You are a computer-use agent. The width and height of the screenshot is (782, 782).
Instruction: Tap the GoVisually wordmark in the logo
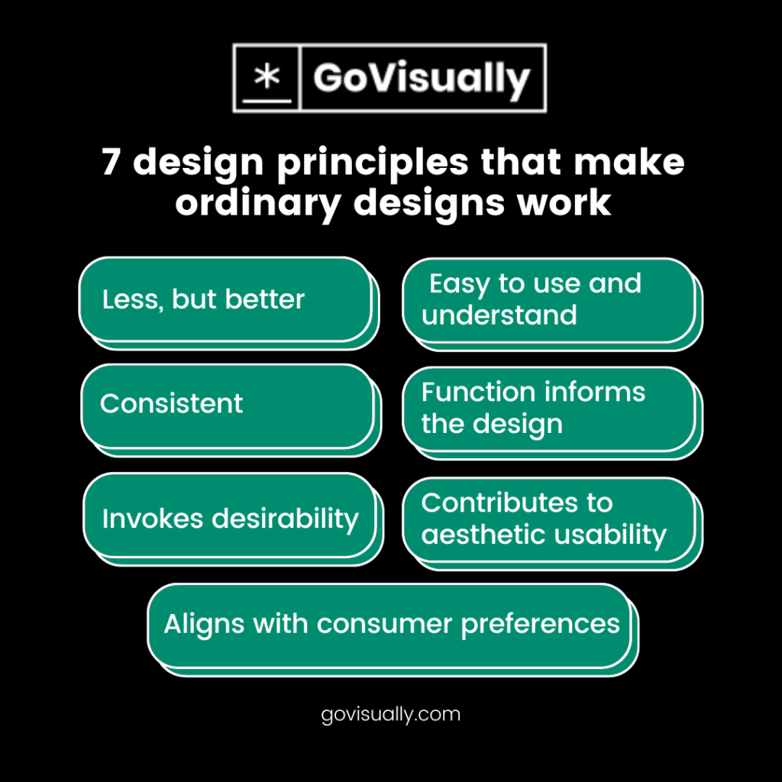click(x=421, y=79)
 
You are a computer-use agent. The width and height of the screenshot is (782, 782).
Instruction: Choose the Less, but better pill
click(x=225, y=299)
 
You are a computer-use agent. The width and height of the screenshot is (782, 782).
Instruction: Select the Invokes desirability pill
click(x=229, y=519)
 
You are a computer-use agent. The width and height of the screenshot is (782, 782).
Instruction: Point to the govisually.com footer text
click(x=391, y=715)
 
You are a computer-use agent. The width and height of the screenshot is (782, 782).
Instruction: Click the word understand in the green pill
click(x=499, y=315)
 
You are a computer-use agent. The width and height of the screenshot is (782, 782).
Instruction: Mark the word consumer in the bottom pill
click(x=384, y=624)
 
